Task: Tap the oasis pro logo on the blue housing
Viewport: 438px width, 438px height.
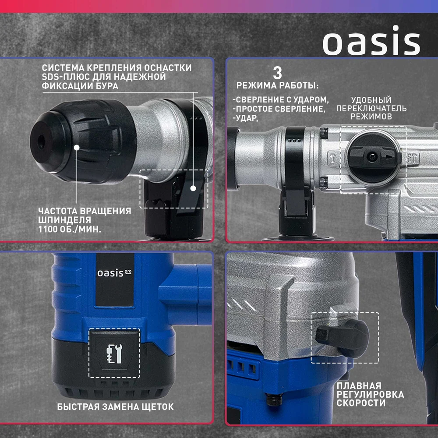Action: tap(114, 273)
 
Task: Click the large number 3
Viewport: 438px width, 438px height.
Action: tap(277, 73)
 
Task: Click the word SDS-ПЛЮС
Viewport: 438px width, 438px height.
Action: tap(61, 77)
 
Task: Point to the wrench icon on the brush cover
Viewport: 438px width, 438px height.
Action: tap(114, 353)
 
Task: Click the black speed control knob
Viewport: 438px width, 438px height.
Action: tap(343, 338)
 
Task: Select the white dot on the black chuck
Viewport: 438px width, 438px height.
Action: tap(77, 147)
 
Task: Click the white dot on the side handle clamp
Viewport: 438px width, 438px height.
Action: tap(193, 188)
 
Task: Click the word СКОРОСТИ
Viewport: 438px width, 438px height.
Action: tap(361, 403)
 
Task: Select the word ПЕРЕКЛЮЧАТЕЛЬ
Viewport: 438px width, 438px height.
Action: tap(371, 108)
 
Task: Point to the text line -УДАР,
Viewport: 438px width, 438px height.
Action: tap(246, 118)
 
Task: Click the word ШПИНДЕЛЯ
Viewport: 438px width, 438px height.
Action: tap(65, 220)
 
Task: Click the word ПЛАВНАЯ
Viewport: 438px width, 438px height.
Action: tap(359, 386)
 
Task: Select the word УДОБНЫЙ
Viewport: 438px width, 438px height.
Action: tap(371, 100)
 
